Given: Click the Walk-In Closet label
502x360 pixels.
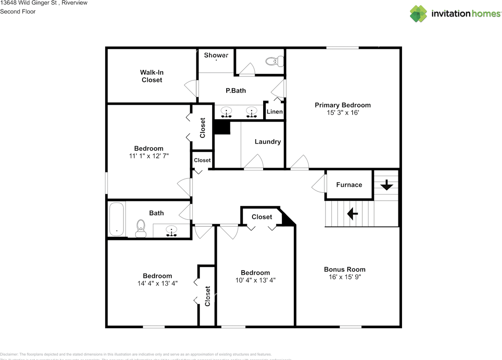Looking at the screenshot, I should [x=152, y=76].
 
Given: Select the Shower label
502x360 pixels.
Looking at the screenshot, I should [x=216, y=55].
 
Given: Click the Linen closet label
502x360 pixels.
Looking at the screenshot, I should [x=275, y=112].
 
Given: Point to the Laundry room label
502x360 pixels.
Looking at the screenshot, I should [x=267, y=142].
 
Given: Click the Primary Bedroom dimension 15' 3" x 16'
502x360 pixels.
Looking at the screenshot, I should [x=342, y=113].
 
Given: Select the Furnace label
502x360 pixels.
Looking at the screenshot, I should [x=349, y=185].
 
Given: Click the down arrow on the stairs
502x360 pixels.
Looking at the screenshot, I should [x=387, y=185].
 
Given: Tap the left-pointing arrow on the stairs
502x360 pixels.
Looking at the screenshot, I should [x=352, y=214].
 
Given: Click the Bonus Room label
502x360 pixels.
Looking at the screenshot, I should [x=344, y=269].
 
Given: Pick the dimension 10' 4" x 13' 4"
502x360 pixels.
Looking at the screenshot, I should [x=255, y=280].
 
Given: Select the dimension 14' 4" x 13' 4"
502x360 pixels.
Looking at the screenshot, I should [x=157, y=283].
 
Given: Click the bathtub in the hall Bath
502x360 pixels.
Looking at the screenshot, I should [x=116, y=219].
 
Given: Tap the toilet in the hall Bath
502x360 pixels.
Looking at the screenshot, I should [x=140, y=228].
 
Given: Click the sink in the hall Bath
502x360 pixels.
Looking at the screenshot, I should [x=171, y=231].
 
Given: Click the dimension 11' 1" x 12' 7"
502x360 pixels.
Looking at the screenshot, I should [x=149, y=156].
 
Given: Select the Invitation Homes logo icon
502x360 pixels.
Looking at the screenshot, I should [x=418, y=14].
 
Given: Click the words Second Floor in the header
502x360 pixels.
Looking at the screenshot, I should [x=18, y=11].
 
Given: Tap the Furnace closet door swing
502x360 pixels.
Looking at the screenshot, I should [x=319, y=184].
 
